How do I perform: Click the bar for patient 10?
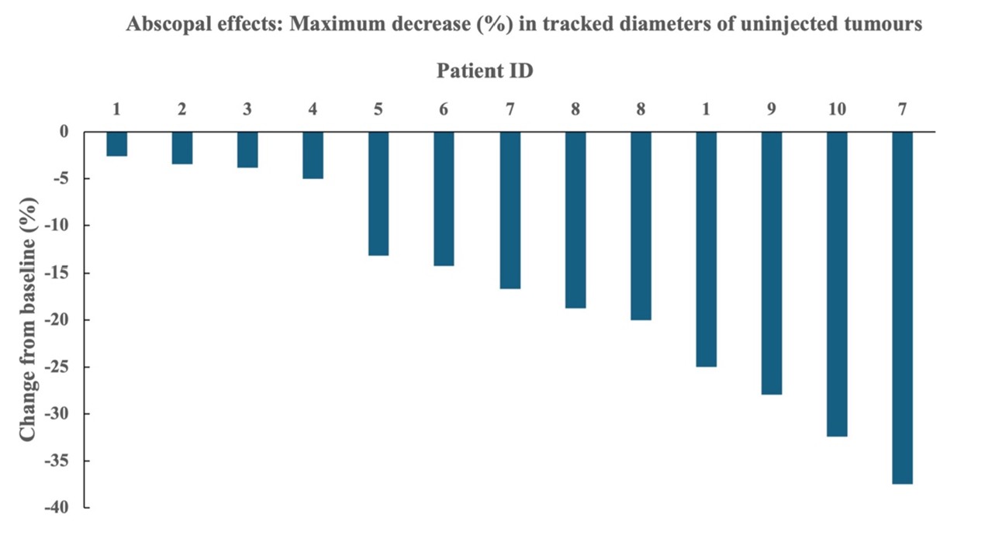point(837,284)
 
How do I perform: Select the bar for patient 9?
point(772,263)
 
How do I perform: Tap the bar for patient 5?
point(378,194)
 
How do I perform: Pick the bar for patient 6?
point(444,198)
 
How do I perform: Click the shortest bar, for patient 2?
point(181,148)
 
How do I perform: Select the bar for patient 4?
point(313,155)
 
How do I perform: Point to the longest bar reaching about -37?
point(902,308)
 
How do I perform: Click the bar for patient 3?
point(247,150)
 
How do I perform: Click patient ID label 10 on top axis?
point(837,109)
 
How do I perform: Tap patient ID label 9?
point(772,109)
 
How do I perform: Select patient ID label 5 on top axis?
point(378,109)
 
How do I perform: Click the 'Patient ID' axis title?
point(485,71)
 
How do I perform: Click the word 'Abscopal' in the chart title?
point(165,25)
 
